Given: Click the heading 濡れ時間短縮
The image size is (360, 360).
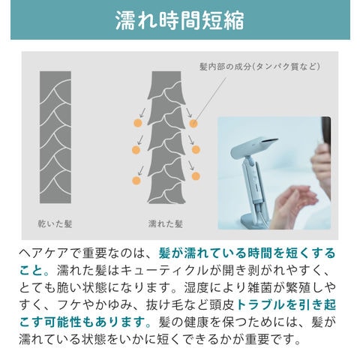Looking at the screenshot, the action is click(x=180, y=20).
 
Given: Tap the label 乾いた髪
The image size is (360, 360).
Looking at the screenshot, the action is click(x=55, y=223).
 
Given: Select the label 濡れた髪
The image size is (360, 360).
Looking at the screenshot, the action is click(x=166, y=223).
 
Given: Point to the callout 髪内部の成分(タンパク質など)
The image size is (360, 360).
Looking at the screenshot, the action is click(x=259, y=67).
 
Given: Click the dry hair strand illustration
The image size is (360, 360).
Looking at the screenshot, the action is click(x=55, y=137).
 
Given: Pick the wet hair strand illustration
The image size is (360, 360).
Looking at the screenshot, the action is click(x=166, y=137).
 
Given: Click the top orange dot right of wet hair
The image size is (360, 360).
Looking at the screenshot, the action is click(x=193, y=123).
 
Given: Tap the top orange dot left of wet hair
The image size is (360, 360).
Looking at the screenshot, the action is click(x=138, y=123).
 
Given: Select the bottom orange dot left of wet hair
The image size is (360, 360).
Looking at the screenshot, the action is click(x=136, y=180).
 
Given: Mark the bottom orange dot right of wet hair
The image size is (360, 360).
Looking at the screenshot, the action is click(x=196, y=176).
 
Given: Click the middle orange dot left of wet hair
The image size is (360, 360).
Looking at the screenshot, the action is click(x=136, y=150).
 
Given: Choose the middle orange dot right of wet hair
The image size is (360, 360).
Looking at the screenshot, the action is click(x=196, y=149).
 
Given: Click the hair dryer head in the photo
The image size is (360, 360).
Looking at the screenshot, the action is click(x=253, y=145).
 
